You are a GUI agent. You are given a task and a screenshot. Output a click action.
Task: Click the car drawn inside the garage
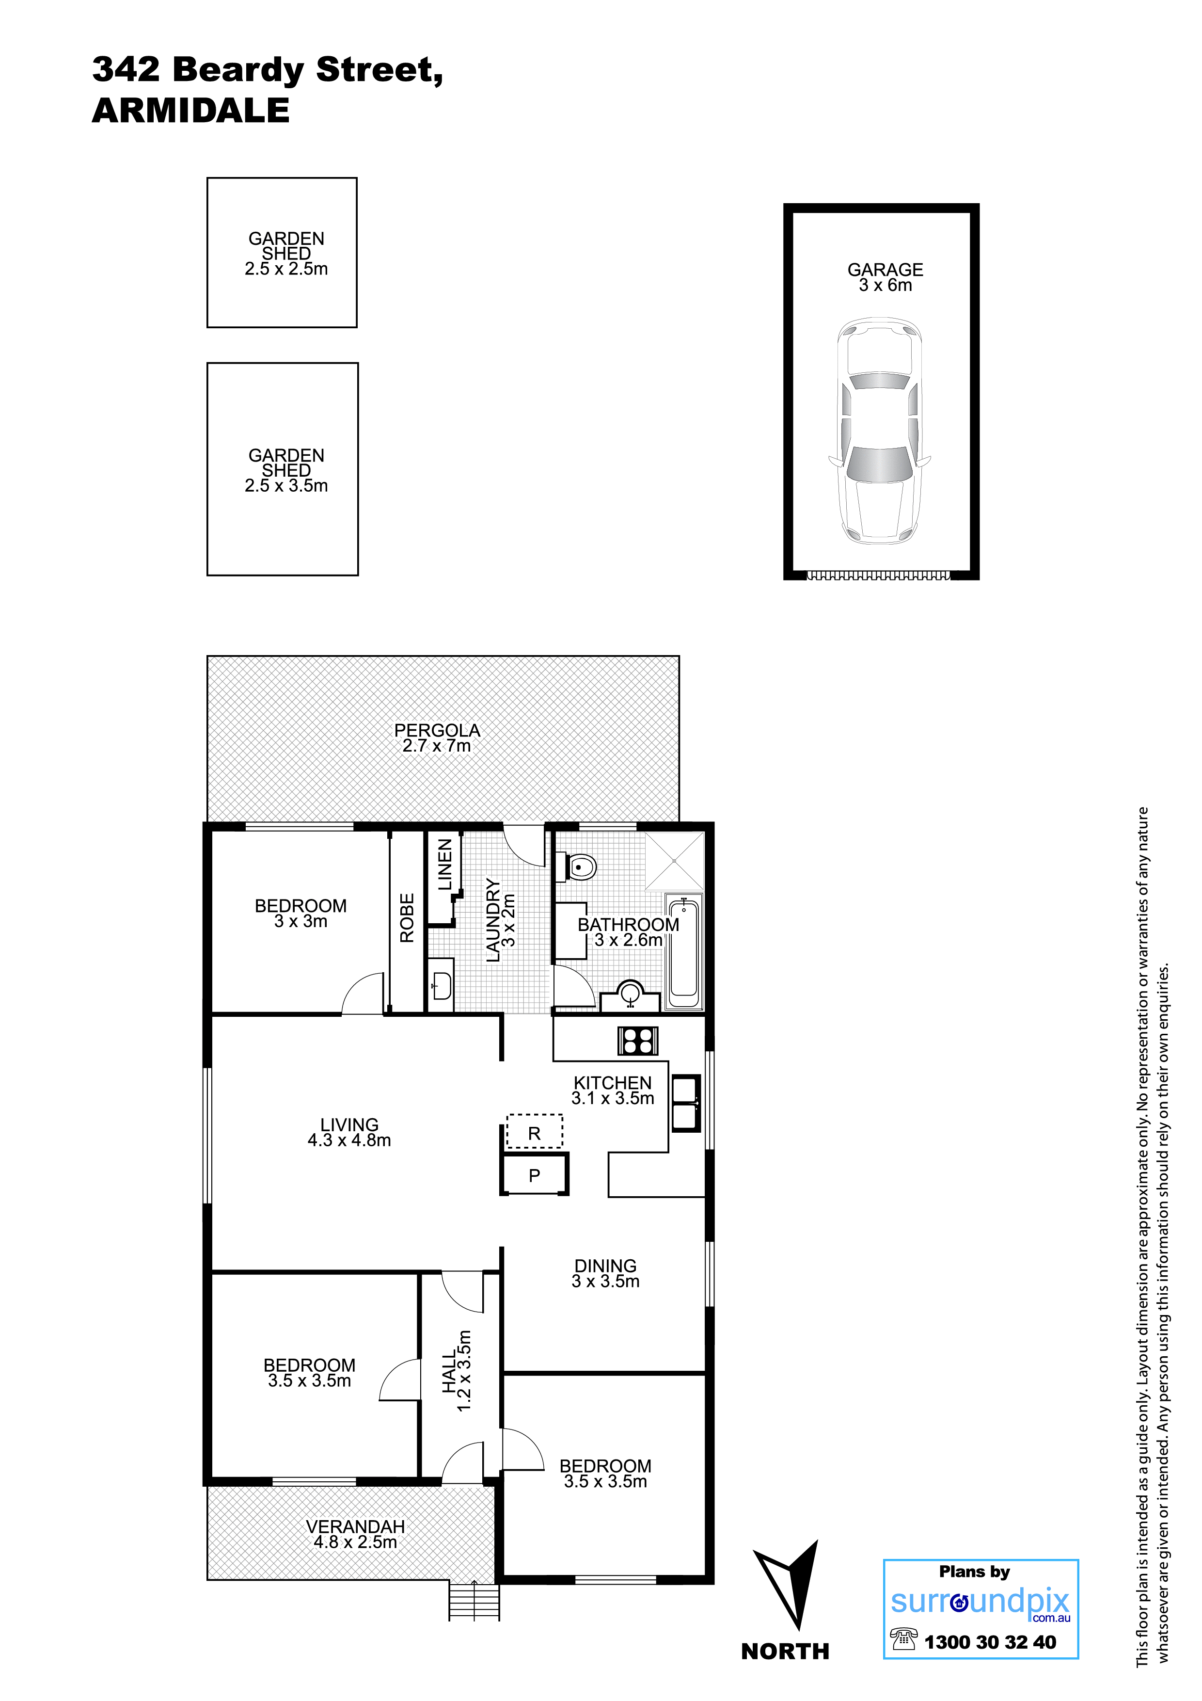coord(879,430)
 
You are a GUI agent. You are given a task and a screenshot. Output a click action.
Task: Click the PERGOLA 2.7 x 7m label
coord(437,738)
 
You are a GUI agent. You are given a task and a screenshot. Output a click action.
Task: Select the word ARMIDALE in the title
coord(191,111)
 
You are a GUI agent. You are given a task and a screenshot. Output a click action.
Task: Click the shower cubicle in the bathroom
coord(675,861)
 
